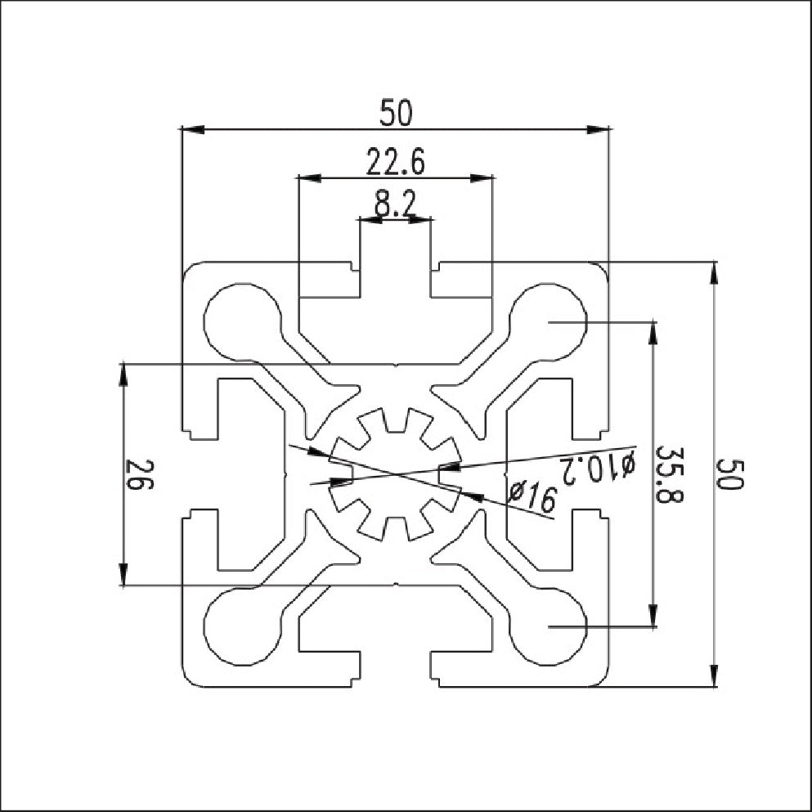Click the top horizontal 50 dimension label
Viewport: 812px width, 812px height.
(396, 113)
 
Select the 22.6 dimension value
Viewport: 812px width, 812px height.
(396, 162)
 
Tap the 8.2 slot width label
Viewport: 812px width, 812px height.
(396, 204)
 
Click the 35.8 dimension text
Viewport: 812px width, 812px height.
(670, 473)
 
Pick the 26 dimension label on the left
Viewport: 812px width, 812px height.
(139, 475)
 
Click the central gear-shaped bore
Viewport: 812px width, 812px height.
(396, 474)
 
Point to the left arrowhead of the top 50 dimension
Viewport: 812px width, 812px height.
(193, 129)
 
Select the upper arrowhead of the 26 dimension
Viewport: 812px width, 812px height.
(123, 375)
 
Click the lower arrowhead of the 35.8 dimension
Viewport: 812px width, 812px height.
(653, 615)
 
